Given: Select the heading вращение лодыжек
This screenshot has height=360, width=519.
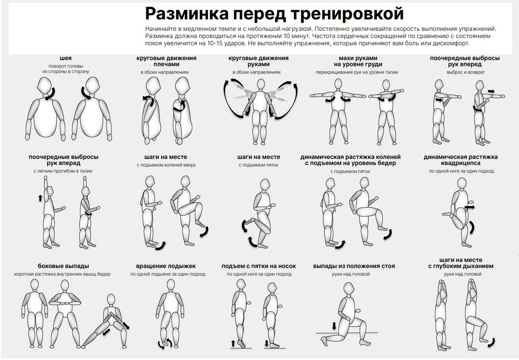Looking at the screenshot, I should tap(166, 266).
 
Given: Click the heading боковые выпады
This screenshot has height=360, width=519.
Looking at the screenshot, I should tap(63, 266).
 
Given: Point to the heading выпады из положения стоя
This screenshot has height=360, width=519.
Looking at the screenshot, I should tap(354, 266).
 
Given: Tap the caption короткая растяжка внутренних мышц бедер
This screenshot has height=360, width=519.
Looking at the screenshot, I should tap(62, 274).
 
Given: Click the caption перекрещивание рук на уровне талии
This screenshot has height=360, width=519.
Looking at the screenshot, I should tap(354, 72).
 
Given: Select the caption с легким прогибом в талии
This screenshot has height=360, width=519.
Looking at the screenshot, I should tap(63, 171).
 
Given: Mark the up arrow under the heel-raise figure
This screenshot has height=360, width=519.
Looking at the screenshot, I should tap(234, 343).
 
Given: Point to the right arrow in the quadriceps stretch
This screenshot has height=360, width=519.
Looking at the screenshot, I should tap(470, 207).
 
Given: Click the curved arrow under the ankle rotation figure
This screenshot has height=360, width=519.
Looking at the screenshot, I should tap(163, 343).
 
